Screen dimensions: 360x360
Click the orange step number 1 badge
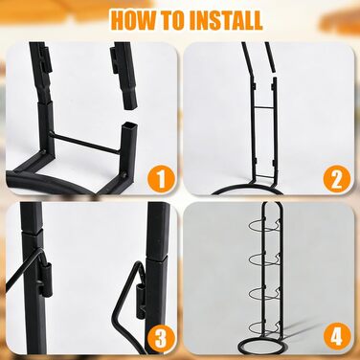[x=162, y=179]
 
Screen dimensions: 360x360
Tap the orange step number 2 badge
[x=336, y=179]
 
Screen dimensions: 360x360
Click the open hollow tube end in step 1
[x=131, y=125]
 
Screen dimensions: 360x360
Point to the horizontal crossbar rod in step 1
[x=86, y=143]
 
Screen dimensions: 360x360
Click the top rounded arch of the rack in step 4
[x=272, y=203]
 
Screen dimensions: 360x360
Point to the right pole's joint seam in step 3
[x=156, y=259]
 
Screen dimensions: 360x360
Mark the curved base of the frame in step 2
[x=248, y=189]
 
